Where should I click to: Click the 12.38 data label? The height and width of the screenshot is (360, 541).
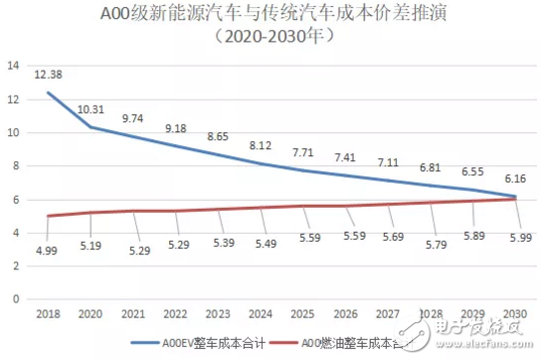[50, 74]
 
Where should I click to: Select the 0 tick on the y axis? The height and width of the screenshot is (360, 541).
[17, 297]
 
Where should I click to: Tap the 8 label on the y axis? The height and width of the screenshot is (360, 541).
[17, 165]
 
